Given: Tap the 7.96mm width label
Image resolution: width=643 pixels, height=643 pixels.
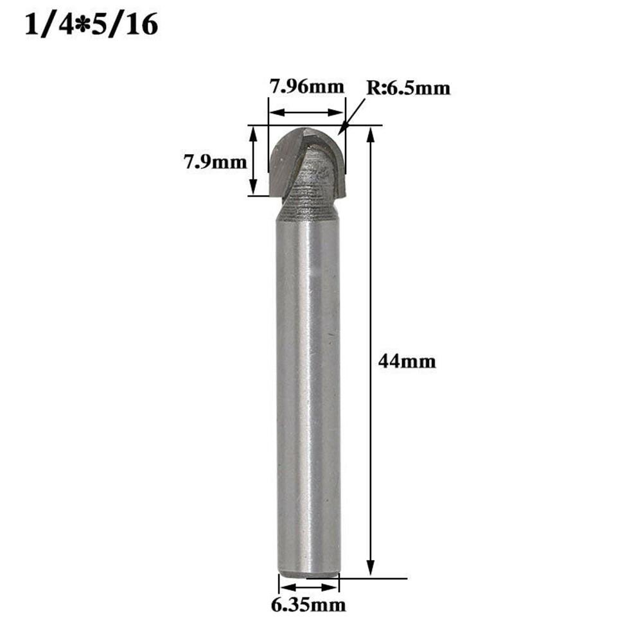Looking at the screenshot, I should [x=306, y=86].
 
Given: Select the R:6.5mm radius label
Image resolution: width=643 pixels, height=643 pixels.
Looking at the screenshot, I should [x=408, y=88].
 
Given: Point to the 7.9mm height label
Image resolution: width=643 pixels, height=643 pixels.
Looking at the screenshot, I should [x=215, y=162].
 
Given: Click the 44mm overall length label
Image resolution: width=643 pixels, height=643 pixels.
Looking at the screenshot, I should [x=407, y=362].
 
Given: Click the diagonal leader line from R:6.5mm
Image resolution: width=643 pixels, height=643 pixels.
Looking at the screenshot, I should [x=354, y=116].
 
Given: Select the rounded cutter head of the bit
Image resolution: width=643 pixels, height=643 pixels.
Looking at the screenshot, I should [x=307, y=161].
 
